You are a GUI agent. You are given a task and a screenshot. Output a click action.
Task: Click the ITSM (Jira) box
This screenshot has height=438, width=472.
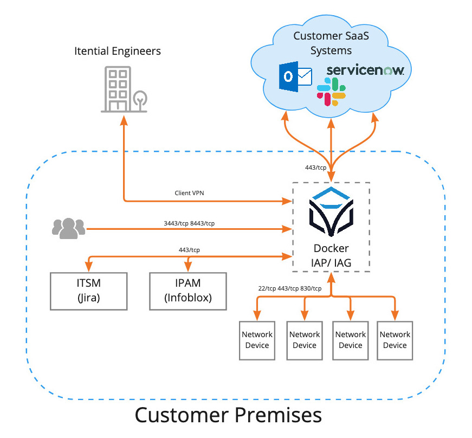[x=88, y=291]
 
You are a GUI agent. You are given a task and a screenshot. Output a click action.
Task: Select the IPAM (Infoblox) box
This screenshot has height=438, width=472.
[x=188, y=291]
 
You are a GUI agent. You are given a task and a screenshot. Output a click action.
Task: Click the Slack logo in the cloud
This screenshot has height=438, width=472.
[x=332, y=92]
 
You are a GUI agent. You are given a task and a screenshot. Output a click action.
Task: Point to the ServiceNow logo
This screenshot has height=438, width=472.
[x=365, y=71]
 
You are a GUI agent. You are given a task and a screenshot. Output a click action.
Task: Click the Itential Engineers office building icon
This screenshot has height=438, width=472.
[x=124, y=89]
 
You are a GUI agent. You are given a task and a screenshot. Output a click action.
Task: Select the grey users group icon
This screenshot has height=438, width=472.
[x=68, y=228]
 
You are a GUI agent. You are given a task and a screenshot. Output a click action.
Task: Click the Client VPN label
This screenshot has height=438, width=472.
[x=190, y=193]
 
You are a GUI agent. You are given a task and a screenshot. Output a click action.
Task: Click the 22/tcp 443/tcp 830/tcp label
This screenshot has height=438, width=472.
[x=290, y=288]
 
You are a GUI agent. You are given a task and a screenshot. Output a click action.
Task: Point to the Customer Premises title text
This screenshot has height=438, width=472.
[x=228, y=415]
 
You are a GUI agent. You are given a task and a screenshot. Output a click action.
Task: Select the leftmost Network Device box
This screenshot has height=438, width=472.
[x=257, y=340]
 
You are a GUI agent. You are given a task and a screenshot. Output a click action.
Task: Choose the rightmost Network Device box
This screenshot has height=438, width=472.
[x=395, y=340]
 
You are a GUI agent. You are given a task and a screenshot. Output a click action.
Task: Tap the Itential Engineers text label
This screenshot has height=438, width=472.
[x=118, y=51]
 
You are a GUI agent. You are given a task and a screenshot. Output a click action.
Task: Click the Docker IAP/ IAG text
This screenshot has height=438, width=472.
[x=331, y=255]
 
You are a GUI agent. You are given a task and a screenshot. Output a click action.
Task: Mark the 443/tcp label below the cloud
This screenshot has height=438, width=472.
[x=316, y=168]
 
